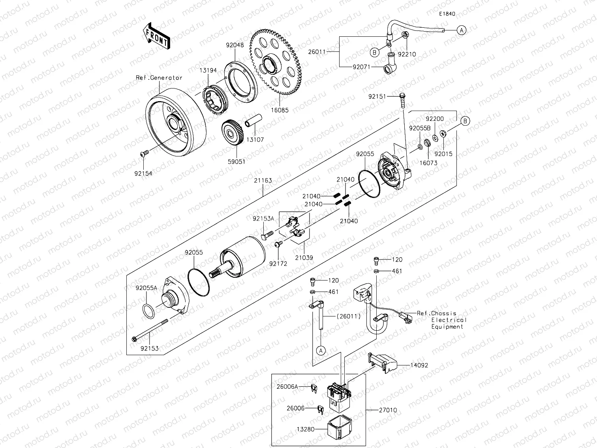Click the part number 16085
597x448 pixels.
pyautogui.click(x=280, y=110)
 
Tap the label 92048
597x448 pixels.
pyautogui.click(x=235, y=45)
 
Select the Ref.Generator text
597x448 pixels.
pyautogui.click(x=159, y=78)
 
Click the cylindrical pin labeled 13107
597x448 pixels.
pyautogui.click(x=252, y=120)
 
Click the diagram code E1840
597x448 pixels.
pyautogui.click(x=447, y=14)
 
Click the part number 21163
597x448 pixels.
pyautogui.click(x=263, y=181)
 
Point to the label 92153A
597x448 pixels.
pyautogui.click(x=263, y=218)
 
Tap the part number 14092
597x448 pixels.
pyautogui.click(x=419, y=365)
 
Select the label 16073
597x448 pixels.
pyautogui.click(x=428, y=163)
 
